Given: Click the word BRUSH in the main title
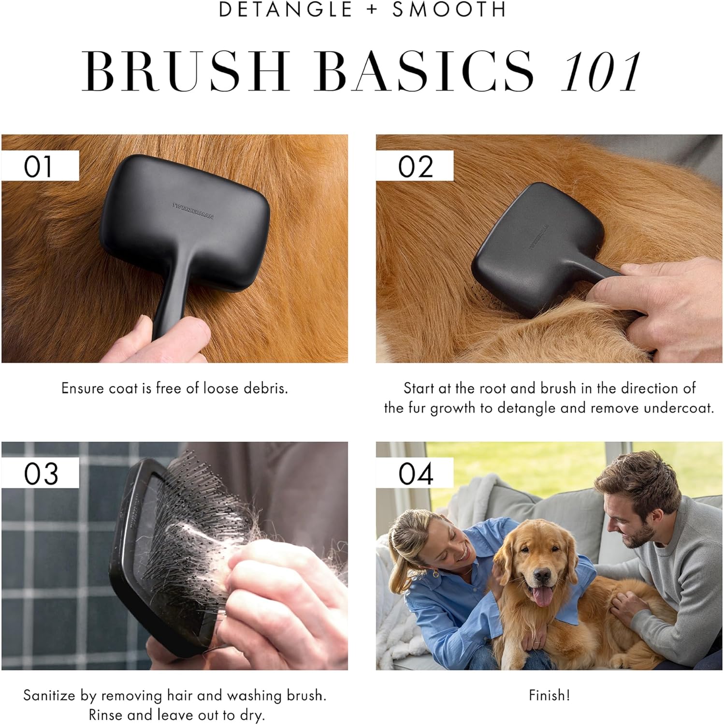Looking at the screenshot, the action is pyautogui.click(x=187, y=71).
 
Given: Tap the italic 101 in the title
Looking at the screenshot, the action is pyautogui.click(x=601, y=72).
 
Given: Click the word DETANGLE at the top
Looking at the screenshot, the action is pyautogui.click(x=286, y=10).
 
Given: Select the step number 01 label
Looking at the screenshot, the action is pyautogui.click(x=38, y=166).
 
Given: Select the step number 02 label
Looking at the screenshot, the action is pyautogui.click(x=415, y=166).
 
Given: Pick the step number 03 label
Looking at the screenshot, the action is pyautogui.click(x=41, y=473).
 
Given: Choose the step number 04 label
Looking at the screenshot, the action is pyautogui.click(x=416, y=473).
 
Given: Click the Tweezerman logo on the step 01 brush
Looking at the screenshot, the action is pyautogui.click(x=193, y=211).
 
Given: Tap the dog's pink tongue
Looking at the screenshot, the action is pyautogui.click(x=542, y=596).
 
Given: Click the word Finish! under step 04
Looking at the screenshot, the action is pyautogui.click(x=550, y=695).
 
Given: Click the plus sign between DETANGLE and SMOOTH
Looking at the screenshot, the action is pyautogui.click(x=372, y=10).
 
